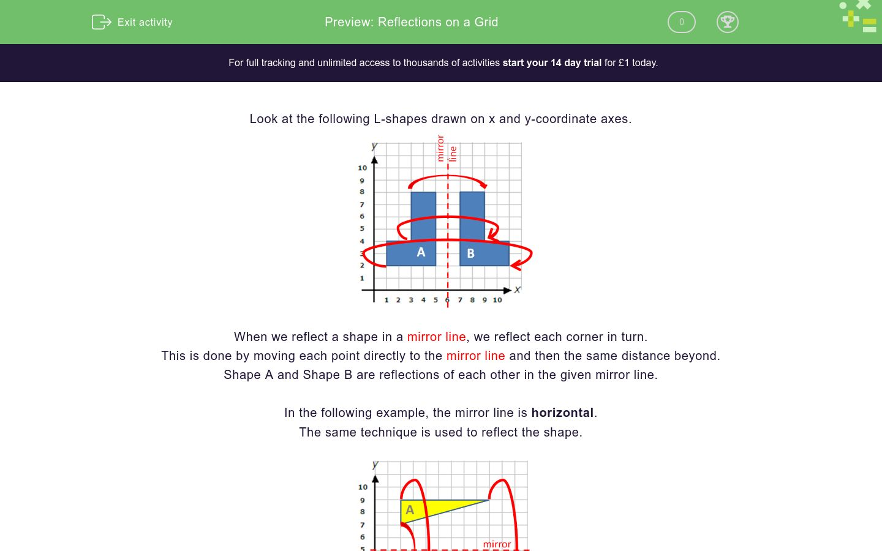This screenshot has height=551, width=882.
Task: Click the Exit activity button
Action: (x=132, y=22)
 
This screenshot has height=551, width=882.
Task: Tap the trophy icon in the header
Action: (x=727, y=22)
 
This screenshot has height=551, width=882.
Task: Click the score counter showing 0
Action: (x=681, y=22)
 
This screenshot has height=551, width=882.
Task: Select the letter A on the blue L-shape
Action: (x=421, y=252)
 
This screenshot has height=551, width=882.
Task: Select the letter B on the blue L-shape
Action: (x=470, y=253)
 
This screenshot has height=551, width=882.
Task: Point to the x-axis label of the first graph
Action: (x=518, y=290)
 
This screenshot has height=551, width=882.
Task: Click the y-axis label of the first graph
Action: (x=374, y=146)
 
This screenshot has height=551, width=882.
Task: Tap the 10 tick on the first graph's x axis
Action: (x=497, y=300)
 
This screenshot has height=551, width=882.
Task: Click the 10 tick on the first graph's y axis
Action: (x=363, y=168)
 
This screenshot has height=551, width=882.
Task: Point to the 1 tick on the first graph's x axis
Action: (x=386, y=300)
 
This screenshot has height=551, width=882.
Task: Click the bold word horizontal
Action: (x=562, y=413)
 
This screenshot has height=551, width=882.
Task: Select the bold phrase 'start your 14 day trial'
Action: (x=552, y=62)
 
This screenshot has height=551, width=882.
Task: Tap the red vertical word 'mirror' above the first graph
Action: (x=440, y=149)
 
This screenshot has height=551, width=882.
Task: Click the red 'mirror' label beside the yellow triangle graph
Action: (x=497, y=544)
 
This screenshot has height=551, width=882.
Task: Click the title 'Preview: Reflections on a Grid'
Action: (x=411, y=22)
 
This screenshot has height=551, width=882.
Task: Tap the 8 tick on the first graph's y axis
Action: (x=362, y=192)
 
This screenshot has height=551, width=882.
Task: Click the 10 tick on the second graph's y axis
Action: (x=363, y=487)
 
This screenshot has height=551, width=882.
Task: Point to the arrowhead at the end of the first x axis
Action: (x=507, y=290)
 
